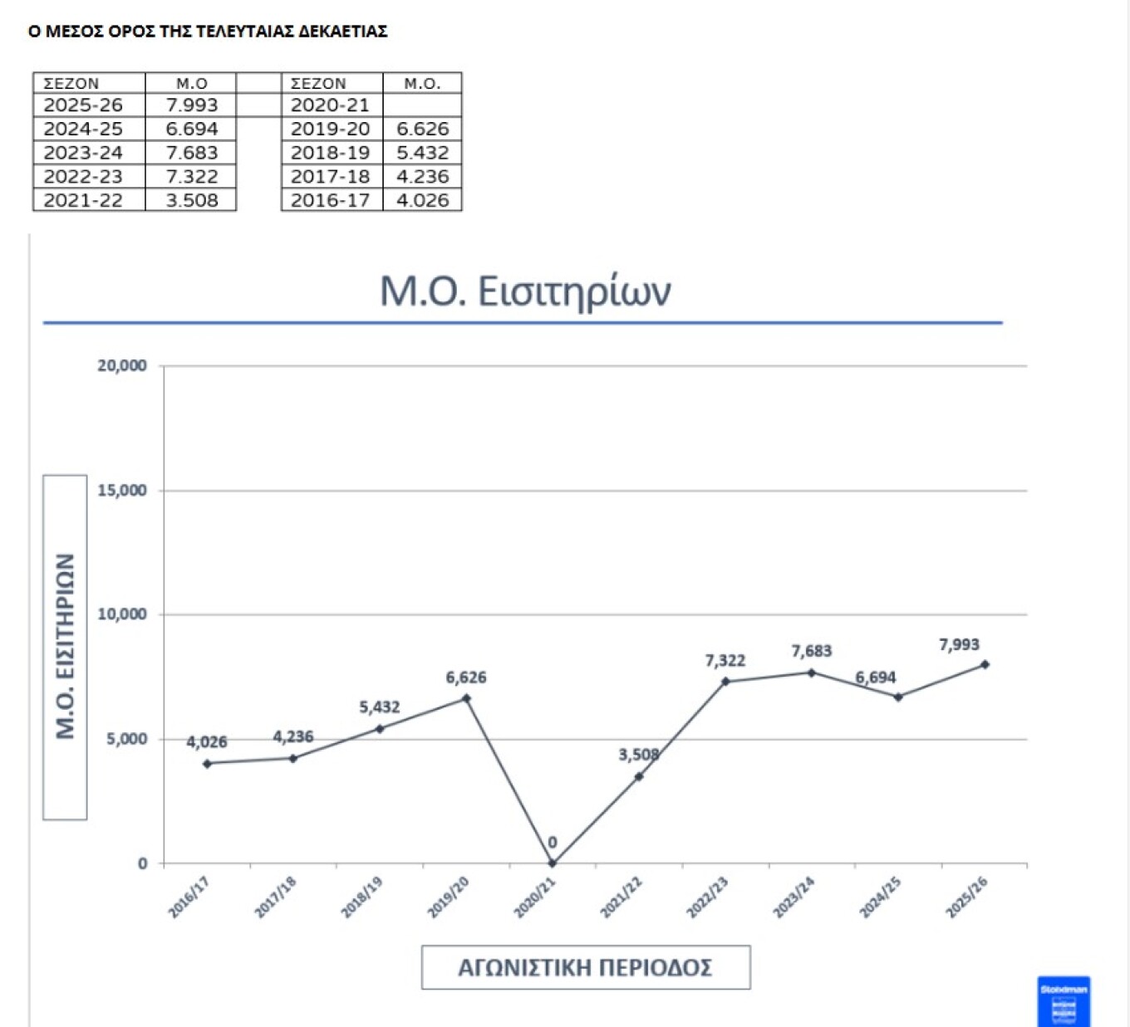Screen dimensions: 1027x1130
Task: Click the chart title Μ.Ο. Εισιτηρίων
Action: [525, 291]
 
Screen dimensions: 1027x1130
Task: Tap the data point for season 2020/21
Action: [553, 863]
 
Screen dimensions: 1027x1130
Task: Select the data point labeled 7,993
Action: [985, 664]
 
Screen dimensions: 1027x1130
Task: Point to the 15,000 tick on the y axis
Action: [122, 491]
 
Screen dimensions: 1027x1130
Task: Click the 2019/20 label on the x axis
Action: [449, 897]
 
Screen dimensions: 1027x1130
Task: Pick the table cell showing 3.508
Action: [191, 200]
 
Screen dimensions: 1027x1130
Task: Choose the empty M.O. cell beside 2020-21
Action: [422, 105]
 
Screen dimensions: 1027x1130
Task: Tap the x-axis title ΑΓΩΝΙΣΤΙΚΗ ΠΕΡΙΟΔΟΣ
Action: [586, 967]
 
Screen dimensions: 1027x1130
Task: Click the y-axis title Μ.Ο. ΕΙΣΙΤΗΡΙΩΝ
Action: [65, 647]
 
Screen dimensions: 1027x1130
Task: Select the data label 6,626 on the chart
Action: [466, 677]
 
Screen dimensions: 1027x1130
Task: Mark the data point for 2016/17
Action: [207, 763]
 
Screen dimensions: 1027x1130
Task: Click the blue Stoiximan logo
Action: [1064, 1001]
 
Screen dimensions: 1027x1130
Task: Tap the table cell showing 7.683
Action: [191, 153]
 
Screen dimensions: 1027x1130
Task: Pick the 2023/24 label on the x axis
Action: [794, 897]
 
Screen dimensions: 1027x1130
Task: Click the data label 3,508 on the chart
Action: [638, 755]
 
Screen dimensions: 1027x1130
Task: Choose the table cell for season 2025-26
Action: [83, 105]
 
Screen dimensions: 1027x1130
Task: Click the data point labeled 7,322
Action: [725, 682]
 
